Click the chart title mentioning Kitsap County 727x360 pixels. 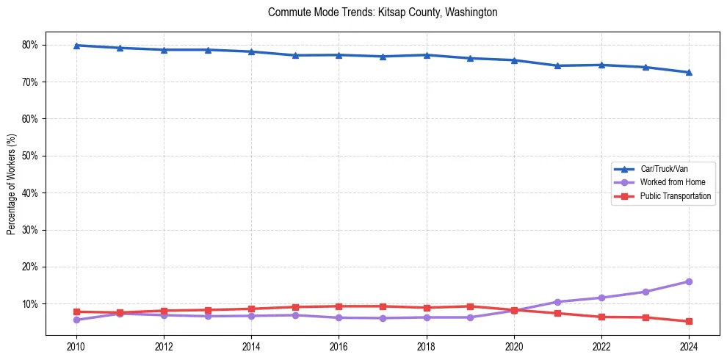tap(383, 12)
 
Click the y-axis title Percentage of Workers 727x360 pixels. tap(12, 184)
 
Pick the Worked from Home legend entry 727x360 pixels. tap(669, 182)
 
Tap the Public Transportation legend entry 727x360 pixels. tap(675, 196)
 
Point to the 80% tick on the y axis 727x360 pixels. tap(30, 45)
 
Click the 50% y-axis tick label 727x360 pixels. tap(30, 156)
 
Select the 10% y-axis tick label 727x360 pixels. tap(30, 303)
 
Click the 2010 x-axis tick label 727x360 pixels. tap(76, 347)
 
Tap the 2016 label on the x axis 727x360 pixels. tap(339, 347)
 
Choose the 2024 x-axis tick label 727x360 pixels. tap(689, 347)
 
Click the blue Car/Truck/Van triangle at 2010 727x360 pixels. tap(76, 46)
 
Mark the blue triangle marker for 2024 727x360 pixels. tap(689, 72)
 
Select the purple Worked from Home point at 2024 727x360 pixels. tap(689, 281)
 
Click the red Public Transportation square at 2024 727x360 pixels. tap(689, 321)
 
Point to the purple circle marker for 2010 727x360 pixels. tap(76, 320)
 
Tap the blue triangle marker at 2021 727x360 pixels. tap(557, 65)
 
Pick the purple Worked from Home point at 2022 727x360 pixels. tap(601, 298)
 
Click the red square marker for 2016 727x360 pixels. tap(339, 306)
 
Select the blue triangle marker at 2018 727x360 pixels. tap(426, 55)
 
